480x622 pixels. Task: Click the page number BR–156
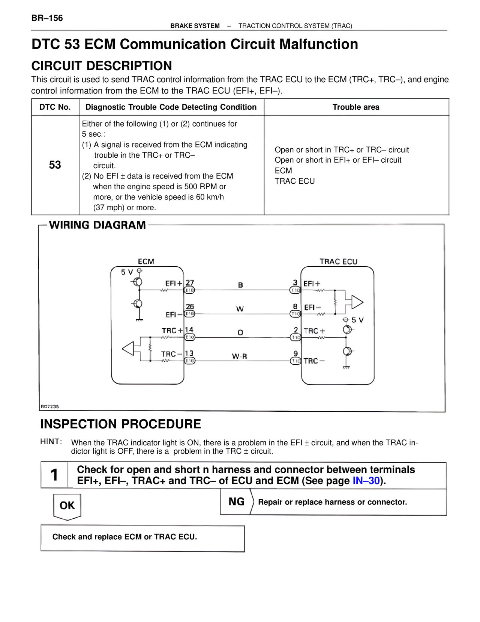pyautogui.click(x=47, y=18)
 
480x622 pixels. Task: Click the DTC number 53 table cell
pyautogui.click(x=55, y=165)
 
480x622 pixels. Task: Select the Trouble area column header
pyautogui.click(x=356, y=107)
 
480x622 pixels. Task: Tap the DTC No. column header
pyautogui.click(x=55, y=107)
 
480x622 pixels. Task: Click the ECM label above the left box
pyautogui.click(x=146, y=261)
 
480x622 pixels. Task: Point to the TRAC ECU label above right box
pyautogui.click(x=338, y=262)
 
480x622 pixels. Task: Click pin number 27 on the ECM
pyautogui.click(x=190, y=283)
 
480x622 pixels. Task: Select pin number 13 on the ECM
pyautogui.click(x=189, y=353)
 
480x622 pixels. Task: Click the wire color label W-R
pyautogui.click(x=239, y=356)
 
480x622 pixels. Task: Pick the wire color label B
pyautogui.click(x=241, y=285)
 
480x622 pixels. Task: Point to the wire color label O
pyautogui.click(x=240, y=333)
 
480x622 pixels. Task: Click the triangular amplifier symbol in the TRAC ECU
pyautogui.click(x=357, y=302)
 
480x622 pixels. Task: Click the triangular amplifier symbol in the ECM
pyautogui.click(x=128, y=349)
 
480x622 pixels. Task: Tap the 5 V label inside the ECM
pyautogui.click(x=127, y=272)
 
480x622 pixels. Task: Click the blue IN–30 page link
pyautogui.click(x=366, y=480)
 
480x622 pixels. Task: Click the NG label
pyautogui.click(x=237, y=501)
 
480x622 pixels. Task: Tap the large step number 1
pyautogui.click(x=54, y=475)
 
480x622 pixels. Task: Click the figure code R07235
pyautogui.click(x=50, y=406)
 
